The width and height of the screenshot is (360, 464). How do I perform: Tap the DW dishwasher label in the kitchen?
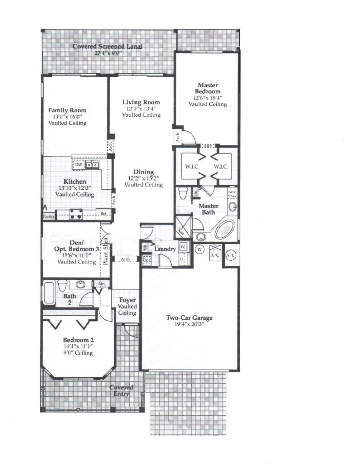pyautogui.click(x=78, y=164)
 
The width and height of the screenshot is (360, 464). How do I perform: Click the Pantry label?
pyautogui.click(x=49, y=216)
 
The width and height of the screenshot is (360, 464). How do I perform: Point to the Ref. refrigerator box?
pyautogui.click(x=103, y=214)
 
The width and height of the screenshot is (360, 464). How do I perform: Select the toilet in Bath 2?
pyautogui.click(x=62, y=285)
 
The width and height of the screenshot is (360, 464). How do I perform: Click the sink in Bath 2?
pyautogui.click(x=81, y=284)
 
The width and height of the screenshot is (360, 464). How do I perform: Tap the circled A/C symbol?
pyautogui.click(x=231, y=255)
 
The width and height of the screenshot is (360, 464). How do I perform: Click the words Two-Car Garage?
pyautogui.click(x=189, y=318)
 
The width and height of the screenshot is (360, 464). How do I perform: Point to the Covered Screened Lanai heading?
pyautogui.click(x=108, y=46)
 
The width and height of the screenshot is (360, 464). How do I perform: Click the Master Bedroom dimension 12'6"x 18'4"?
pyautogui.click(x=207, y=98)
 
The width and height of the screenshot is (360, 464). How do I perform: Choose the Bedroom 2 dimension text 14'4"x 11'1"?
pyautogui.click(x=78, y=346)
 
